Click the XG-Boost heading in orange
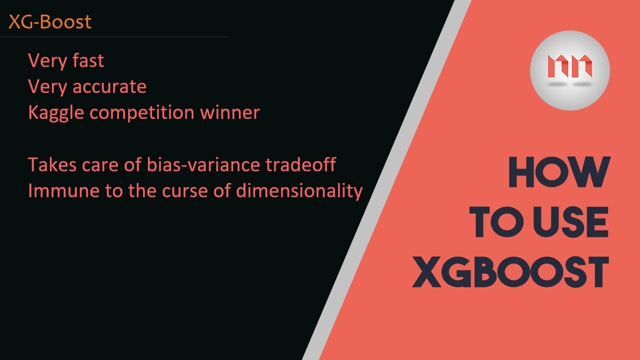pyautogui.click(x=50, y=22)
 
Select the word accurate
pyautogui.click(x=109, y=87)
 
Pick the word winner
pyautogui.click(x=230, y=112)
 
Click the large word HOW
pyautogui.click(x=559, y=173)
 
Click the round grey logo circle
pyautogui.click(x=569, y=70)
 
